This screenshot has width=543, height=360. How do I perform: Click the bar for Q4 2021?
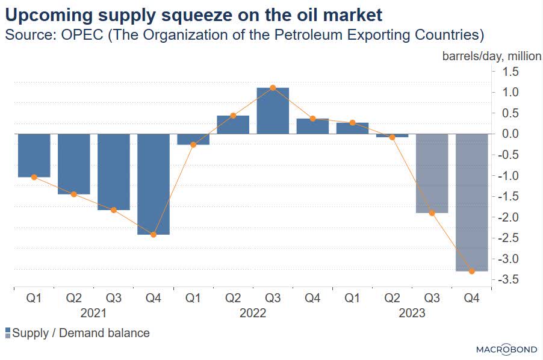(154, 184)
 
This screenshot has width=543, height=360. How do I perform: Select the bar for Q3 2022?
(273, 111)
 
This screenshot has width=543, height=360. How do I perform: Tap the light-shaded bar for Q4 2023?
(471, 202)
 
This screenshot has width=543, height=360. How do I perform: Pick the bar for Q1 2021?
(34, 155)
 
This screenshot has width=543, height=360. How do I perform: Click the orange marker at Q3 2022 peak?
(273, 88)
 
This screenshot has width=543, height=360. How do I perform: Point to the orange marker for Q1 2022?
(193, 144)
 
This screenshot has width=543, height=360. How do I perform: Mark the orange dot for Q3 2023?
(432, 213)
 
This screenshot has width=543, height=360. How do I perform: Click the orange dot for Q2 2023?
(392, 137)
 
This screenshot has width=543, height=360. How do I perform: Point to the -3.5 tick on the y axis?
(506, 280)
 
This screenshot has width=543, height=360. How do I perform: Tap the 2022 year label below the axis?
(253, 313)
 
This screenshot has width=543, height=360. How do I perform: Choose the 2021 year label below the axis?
(93, 313)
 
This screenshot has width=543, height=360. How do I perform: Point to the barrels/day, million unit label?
(492, 56)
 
